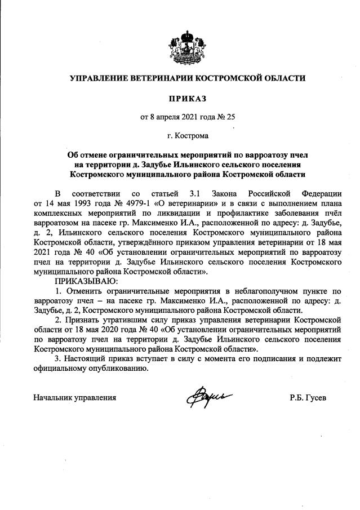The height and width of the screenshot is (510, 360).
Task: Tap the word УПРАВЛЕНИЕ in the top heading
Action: coord(102,78)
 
